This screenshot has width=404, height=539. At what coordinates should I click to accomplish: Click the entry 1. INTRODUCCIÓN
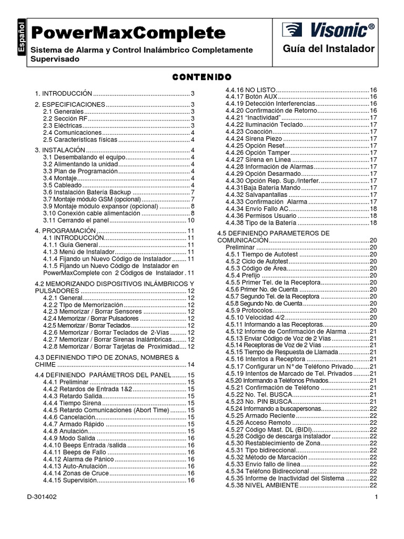pos(64,93)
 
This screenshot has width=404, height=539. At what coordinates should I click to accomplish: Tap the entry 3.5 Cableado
pos(63,185)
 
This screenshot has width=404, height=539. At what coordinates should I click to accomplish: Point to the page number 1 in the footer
pos(377,497)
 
